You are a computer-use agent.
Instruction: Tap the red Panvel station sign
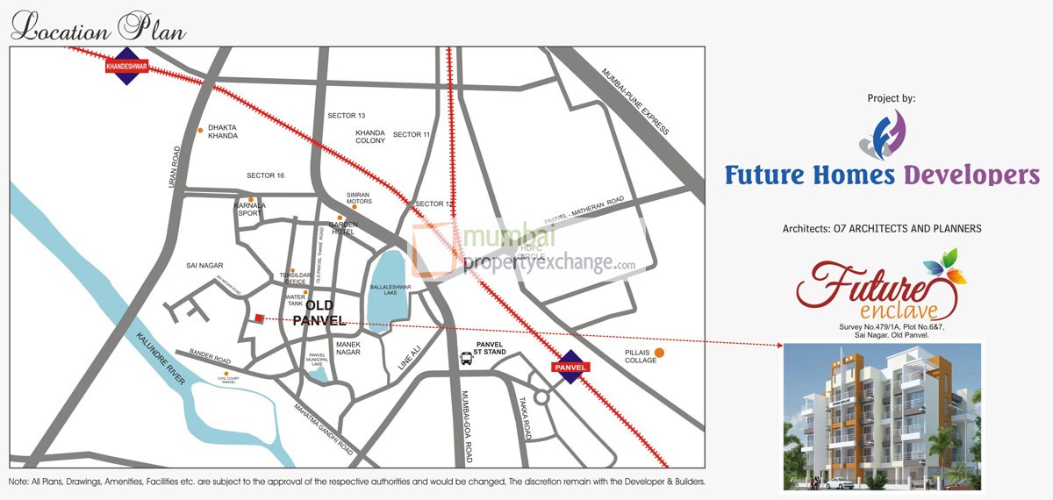(x=567, y=367)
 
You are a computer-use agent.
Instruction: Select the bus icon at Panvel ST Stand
(x=466, y=358)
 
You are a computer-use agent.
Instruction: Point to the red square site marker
(x=259, y=319)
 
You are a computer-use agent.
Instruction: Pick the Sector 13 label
(x=346, y=116)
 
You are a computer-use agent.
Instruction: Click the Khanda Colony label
(x=370, y=136)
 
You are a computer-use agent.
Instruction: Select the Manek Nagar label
(x=348, y=348)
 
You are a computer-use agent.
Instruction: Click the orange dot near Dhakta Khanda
(x=201, y=130)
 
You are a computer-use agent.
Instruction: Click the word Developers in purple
(x=971, y=175)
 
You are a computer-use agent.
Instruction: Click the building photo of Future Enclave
(x=882, y=416)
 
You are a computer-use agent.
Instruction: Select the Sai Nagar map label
(x=205, y=265)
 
